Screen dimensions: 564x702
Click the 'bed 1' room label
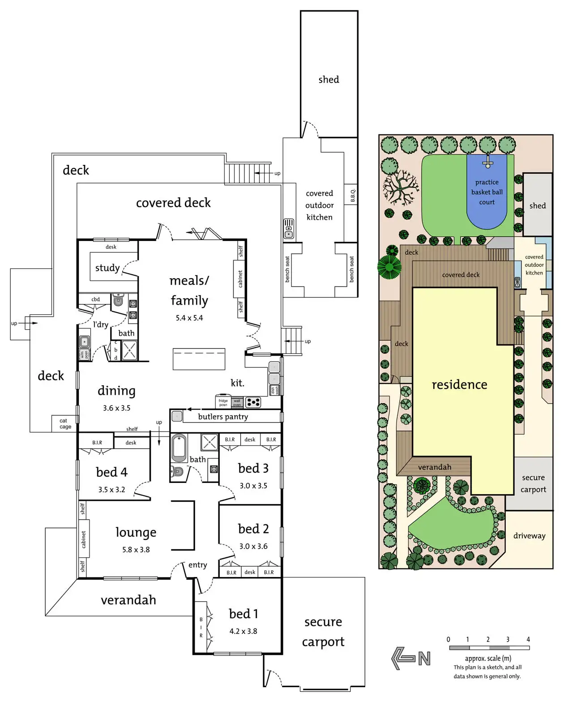[x=243, y=614]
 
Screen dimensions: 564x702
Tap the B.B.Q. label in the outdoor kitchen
[x=353, y=195]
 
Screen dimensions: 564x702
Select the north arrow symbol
[x=411, y=658]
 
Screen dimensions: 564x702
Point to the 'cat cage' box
[x=65, y=423]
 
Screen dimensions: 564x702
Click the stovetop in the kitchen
[x=253, y=402]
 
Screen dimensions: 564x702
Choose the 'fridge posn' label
[x=223, y=402]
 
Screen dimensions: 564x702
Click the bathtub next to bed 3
[x=179, y=448]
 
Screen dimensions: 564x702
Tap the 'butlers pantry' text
[x=223, y=417]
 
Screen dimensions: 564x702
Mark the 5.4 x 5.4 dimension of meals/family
[x=189, y=318]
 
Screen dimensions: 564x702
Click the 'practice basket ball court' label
[x=487, y=192]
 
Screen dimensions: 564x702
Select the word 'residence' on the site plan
[x=459, y=385]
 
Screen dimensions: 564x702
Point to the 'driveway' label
[x=529, y=536]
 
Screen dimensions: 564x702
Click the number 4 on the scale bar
[x=528, y=639]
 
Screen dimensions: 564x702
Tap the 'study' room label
[x=107, y=268]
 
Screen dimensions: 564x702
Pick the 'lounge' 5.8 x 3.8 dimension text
[x=136, y=550]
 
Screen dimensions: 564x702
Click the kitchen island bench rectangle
[x=199, y=359]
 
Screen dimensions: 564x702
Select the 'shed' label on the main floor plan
[x=329, y=80]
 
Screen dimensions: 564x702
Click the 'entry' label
[x=197, y=565]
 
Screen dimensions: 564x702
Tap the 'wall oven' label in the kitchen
[x=237, y=403]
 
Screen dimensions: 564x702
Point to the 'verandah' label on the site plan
[x=434, y=467]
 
